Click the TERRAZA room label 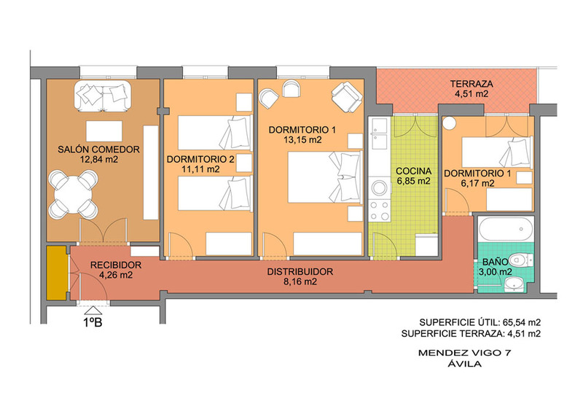tap(471, 84)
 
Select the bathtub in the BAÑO tap(506, 229)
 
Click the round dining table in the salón tap(74, 195)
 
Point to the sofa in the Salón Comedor tap(102, 96)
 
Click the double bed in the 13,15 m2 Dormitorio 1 tap(325, 176)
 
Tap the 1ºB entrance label tap(93, 322)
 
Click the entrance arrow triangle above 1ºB tap(93, 311)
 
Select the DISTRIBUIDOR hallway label tap(300, 272)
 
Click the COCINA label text tap(413, 171)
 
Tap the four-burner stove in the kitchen tap(379, 210)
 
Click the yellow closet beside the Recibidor tap(57, 273)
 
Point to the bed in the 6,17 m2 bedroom tap(497, 152)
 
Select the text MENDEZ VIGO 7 tap(464, 352)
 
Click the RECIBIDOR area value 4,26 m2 tap(116, 276)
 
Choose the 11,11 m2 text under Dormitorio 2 tap(200, 169)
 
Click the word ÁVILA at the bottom tap(464, 364)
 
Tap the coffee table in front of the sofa tap(104, 131)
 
